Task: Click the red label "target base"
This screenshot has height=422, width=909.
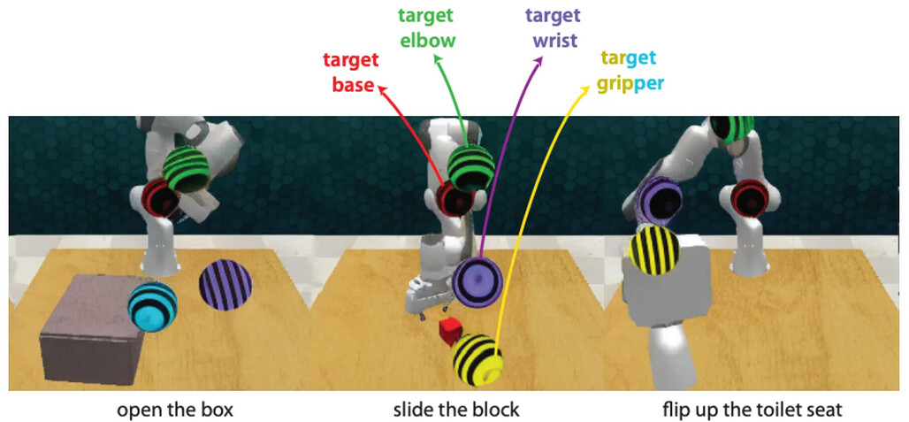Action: (351, 73)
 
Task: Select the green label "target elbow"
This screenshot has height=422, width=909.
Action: (432, 28)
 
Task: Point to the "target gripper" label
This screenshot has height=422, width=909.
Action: (630, 72)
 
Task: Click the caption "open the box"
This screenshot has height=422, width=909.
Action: (176, 410)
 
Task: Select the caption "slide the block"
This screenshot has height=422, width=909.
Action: (455, 410)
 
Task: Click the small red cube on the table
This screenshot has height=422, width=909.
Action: (450, 332)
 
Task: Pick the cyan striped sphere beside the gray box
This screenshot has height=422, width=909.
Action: (152, 307)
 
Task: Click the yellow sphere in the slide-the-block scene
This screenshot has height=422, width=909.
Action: (477, 359)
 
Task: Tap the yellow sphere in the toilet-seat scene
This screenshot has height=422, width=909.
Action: (654, 250)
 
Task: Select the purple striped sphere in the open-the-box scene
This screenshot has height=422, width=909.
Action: (225, 286)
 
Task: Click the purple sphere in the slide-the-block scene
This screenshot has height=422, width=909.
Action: (477, 281)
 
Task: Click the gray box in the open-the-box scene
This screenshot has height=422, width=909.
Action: (90, 329)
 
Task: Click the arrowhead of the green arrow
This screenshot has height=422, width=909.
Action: (437, 58)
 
